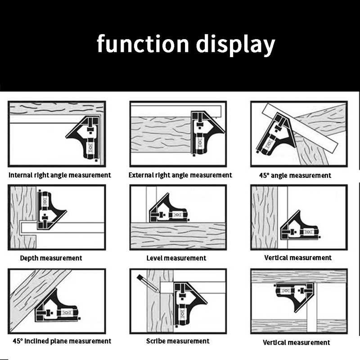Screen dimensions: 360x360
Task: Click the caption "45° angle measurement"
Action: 295,175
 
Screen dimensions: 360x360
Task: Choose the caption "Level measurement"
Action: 176,258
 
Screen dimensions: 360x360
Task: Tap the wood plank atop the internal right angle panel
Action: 56,108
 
